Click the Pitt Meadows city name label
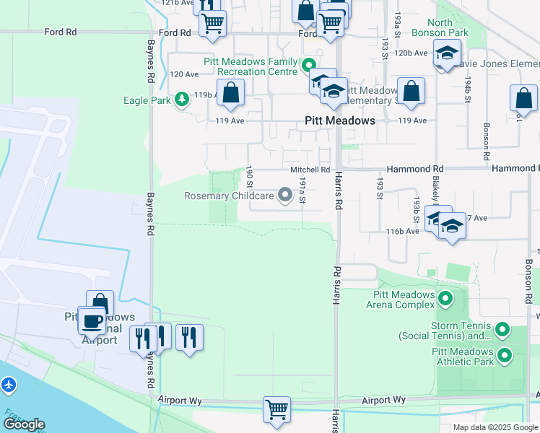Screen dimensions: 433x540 [x=340, y=121]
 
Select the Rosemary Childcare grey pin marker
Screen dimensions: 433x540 [x=285, y=195]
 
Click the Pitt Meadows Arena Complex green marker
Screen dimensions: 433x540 [x=445, y=297]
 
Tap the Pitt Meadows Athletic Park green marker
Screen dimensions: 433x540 [x=504, y=354]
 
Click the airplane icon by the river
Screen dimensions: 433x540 [x=9, y=385]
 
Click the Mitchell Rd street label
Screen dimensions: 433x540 [x=310, y=170]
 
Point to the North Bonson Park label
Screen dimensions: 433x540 [x=440, y=27]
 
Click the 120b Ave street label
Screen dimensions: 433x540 [x=411, y=53]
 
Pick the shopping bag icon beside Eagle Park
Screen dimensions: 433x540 [x=231, y=92]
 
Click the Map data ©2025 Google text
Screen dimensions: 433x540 [x=495, y=427]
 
